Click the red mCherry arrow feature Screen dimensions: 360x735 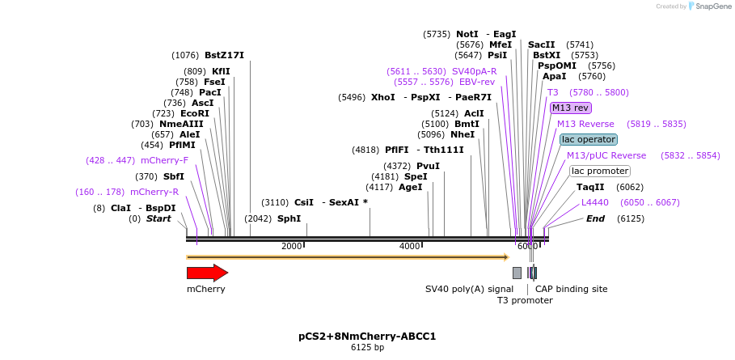coord(207,273)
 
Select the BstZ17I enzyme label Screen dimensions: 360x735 coord(224,55)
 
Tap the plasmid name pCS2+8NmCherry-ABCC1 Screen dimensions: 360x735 coord(367,336)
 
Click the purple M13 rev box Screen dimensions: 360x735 coord(571,108)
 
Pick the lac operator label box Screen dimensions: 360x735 coord(589,139)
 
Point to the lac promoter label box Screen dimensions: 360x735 coord(600,171)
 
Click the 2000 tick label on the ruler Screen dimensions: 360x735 coord(291,246)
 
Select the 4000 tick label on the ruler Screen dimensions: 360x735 coord(410,246)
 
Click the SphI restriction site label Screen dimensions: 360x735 coord(289,218)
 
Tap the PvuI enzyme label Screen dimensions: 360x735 coord(428,166)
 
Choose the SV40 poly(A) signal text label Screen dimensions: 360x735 coord(469,289)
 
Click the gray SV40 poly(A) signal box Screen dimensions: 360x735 coord(517,273)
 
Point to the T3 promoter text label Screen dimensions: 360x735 coord(525,300)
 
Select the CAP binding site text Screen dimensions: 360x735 coord(571,289)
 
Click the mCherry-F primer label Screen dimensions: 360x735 coord(164,160)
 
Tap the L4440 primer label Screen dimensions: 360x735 coord(594,202)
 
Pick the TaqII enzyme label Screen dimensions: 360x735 coord(590,187)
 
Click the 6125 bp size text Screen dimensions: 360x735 coord(367,347)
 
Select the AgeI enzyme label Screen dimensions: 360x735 coord(411,187)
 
